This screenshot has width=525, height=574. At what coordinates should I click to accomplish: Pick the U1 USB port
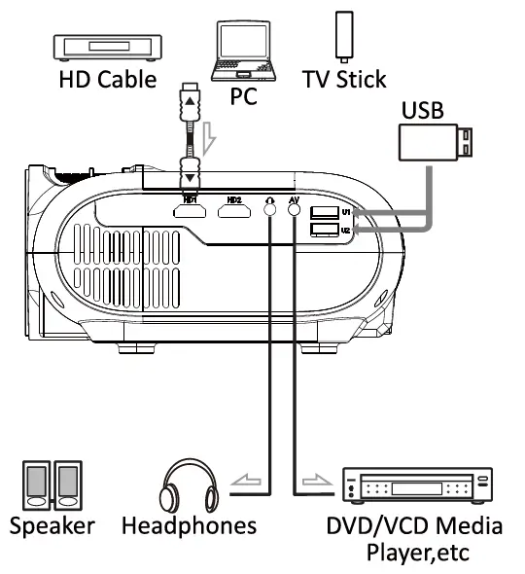click(x=320, y=212)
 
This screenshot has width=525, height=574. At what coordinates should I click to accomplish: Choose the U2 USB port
click(x=320, y=230)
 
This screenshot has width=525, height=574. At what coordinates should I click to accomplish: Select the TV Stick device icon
click(x=342, y=36)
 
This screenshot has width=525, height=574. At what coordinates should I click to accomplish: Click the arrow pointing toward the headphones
click(x=245, y=480)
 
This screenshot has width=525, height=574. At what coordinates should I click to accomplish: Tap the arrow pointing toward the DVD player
click(x=316, y=480)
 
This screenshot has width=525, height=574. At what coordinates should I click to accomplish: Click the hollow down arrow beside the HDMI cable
click(x=209, y=146)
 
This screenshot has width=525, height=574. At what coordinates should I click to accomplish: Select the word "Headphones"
click(x=190, y=526)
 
